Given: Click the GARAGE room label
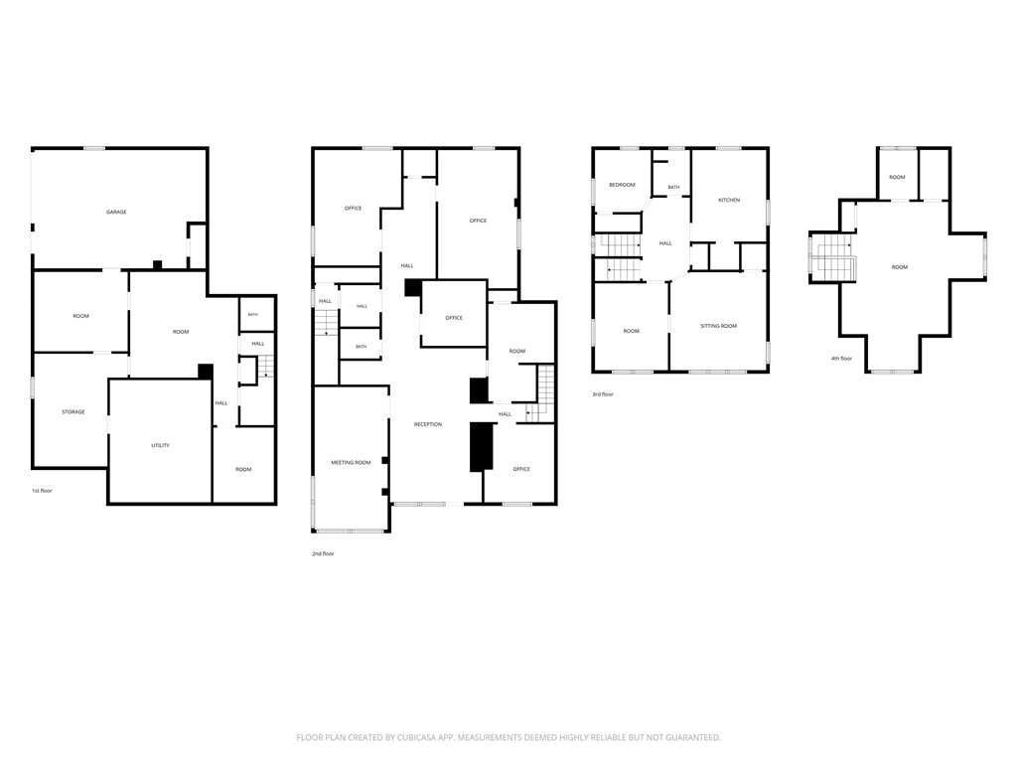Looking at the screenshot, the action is (x=116, y=213).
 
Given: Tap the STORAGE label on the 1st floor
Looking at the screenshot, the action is (x=73, y=412).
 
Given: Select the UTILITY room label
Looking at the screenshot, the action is (x=160, y=446).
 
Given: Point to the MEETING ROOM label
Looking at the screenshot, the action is (x=351, y=463).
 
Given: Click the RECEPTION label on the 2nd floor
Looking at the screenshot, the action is (x=428, y=424).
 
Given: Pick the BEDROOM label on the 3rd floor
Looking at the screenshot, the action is (x=622, y=185).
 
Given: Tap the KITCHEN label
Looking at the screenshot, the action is (x=729, y=200).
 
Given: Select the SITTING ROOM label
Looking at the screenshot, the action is (x=719, y=326).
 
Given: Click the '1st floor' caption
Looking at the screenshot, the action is (x=42, y=491).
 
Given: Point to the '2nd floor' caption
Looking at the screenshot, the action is (x=323, y=553).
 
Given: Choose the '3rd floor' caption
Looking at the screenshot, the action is (x=603, y=393).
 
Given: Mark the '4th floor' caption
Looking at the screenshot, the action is (x=842, y=358).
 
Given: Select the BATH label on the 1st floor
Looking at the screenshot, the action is (x=253, y=315).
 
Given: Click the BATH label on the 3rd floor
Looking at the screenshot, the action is (x=674, y=188).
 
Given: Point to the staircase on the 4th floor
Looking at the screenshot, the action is (x=833, y=258).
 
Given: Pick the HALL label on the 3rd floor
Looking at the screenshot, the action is (x=665, y=243).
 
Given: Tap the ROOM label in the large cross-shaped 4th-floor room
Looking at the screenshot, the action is (x=900, y=267).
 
